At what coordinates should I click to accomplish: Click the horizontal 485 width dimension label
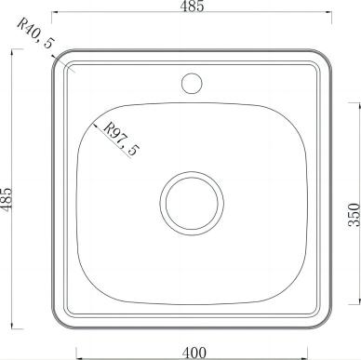click(x=192, y=6)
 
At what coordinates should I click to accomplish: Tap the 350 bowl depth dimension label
click(x=354, y=214)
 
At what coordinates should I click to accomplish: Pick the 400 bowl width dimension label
click(x=194, y=353)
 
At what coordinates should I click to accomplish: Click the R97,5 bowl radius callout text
click(x=121, y=139)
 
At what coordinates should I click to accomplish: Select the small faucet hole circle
click(x=192, y=83)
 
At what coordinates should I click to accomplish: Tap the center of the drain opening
click(x=192, y=203)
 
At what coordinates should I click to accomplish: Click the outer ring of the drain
click(x=192, y=172)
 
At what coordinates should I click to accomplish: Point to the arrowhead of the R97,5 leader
click(x=95, y=125)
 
